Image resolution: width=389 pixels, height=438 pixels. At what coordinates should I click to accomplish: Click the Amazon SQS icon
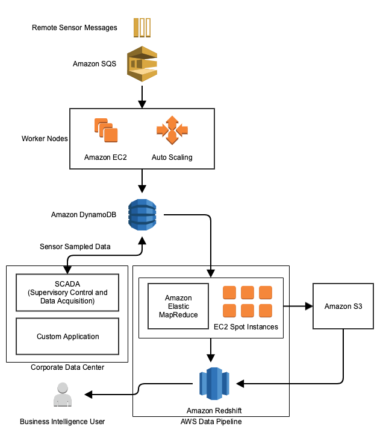pyautogui.click(x=142, y=63)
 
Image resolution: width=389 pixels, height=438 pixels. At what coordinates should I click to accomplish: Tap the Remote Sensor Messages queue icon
pyautogui.click(x=142, y=27)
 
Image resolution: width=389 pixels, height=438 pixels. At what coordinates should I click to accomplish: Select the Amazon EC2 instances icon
pyautogui.click(x=105, y=130)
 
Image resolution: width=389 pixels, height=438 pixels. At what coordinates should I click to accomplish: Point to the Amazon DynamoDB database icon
pyautogui.click(x=142, y=215)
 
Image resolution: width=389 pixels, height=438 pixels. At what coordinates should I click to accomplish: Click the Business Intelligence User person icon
pyautogui.click(x=63, y=395)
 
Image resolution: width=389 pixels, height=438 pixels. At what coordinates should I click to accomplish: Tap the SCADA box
pyautogui.click(x=67, y=293)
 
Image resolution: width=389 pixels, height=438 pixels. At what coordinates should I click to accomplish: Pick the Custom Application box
pyautogui.click(x=67, y=337)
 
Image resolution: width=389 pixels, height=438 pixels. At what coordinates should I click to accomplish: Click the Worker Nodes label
pyautogui.click(x=45, y=139)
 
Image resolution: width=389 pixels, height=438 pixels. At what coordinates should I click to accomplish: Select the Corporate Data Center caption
pyautogui.click(x=67, y=367)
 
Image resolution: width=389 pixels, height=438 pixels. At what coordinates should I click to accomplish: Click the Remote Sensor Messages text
pyautogui.click(x=74, y=28)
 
